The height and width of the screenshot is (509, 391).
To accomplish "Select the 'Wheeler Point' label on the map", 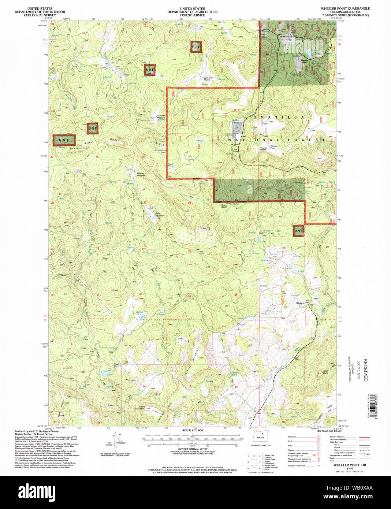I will [x=274, y=147].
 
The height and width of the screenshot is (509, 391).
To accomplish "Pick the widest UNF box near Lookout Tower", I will [x=64, y=140].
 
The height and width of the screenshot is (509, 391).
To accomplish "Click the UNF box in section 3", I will [x=149, y=70].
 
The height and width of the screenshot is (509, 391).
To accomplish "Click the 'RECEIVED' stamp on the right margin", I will [x=365, y=370].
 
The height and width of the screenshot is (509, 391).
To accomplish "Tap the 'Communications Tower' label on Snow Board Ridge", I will [x=159, y=151].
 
